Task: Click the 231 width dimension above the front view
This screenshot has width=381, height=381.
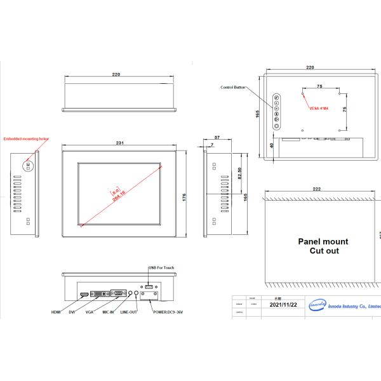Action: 119,144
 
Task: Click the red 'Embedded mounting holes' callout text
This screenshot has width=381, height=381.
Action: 25,138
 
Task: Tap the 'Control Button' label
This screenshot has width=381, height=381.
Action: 232,87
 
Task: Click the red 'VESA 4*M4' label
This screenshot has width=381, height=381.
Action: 320,109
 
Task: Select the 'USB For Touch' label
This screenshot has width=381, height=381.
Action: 161,267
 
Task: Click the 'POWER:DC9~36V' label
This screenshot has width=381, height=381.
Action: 166,312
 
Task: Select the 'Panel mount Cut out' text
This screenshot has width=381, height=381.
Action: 323,246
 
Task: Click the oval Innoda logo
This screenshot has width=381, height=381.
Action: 317,305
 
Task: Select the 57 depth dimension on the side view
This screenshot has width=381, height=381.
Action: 217,137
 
